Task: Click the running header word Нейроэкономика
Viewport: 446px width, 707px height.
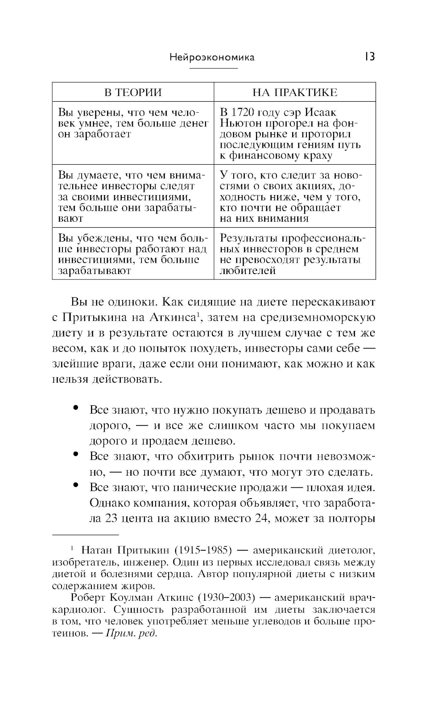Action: pos(212,58)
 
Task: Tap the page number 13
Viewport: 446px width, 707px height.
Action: pos(369,57)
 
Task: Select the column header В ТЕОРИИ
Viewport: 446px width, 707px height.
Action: pos(133,92)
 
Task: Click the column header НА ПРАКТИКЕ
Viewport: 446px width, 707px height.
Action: pos(295,92)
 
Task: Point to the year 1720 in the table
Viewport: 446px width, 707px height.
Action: pos(242,113)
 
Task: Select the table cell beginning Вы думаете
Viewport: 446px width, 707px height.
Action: pos(133,196)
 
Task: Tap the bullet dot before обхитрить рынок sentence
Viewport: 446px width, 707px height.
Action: pos(76,454)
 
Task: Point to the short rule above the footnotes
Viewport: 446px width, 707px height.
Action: pos(86,534)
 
